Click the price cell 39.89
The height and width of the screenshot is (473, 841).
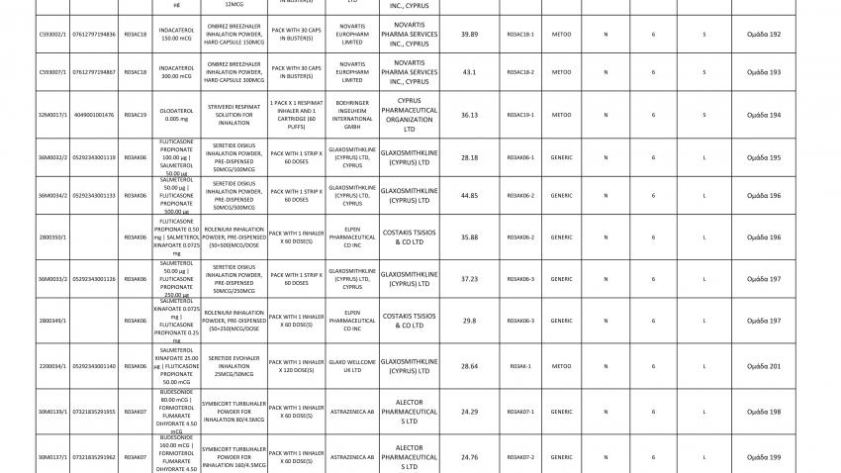point(470,35)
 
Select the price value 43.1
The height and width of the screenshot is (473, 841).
point(470,72)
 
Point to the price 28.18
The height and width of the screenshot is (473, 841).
point(470,157)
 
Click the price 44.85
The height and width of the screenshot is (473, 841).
point(470,196)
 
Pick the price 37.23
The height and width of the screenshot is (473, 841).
point(470,279)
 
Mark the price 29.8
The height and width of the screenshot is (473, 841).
point(470,321)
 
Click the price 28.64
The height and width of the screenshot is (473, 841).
point(470,366)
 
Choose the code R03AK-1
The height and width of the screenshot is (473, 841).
point(520,366)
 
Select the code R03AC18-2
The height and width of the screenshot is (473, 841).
point(520,72)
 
